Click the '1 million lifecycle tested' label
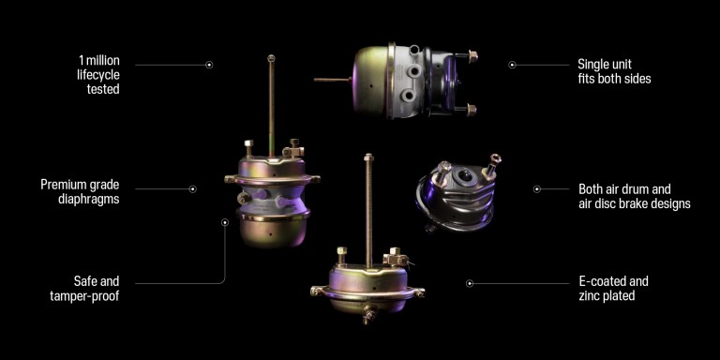pos(98,75)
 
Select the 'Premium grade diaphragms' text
pos(80,192)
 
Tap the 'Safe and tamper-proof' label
pos(84,289)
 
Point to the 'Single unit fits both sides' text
pos(614,71)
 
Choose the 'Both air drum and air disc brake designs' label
pos(634,196)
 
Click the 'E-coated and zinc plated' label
pos(613,288)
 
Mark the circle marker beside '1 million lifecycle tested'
pos(209,66)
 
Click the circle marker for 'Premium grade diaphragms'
pos(193,188)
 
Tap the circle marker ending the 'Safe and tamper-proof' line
pos(225,222)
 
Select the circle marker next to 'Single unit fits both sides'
pos(513,66)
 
